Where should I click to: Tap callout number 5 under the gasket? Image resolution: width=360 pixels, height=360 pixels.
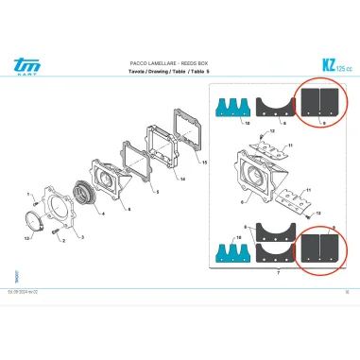[157, 191]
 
